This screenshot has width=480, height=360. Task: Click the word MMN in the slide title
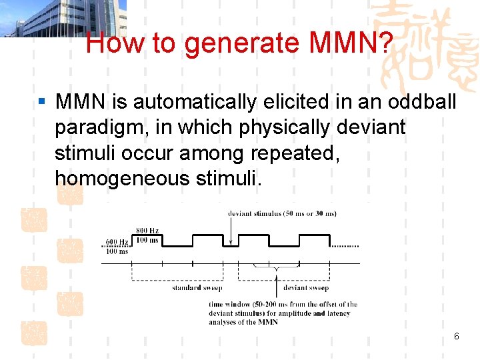(x=336, y=43)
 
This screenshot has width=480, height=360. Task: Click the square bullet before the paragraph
(x=42, y=102)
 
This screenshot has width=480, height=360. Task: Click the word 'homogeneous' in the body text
(x=123, y=178)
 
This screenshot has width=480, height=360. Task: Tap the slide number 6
(x=456, y=336)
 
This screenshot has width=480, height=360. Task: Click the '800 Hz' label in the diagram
(x=147, y=231)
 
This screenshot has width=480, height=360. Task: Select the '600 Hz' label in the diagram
(x=117, y=242)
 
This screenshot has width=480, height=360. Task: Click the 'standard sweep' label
(x=197, y=288)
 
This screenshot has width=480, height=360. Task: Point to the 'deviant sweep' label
(x=306, y=288)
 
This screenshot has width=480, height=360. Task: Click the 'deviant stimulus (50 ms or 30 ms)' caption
(x=282, y=213)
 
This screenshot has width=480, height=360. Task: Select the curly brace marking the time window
(x=276, y=267)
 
